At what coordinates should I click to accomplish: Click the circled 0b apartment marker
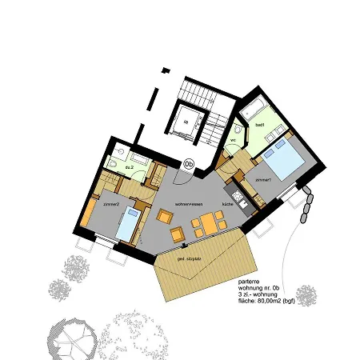pyautogui.click(x=189, y=164)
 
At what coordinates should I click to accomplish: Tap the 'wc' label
pyautogui.click(x=234, y=141)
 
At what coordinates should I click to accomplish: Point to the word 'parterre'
pyautogui.click(x=249, y=282)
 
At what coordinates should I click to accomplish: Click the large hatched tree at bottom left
pyautogui.click(x=75, y=336)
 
